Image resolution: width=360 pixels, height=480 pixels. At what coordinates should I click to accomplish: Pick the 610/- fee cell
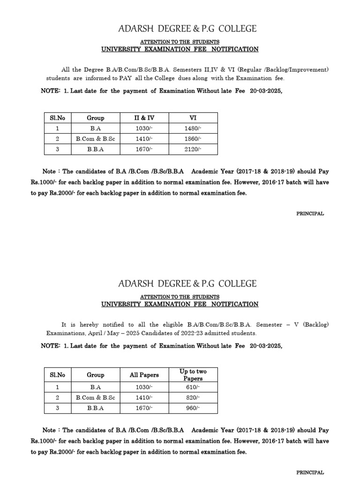pyautogui.click(x=193, y=387)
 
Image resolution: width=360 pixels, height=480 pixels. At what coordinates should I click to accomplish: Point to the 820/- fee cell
pyautogui.click(x=193, y=397)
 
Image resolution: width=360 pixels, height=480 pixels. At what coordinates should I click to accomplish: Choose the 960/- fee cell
pyautogui.click(x=193, y=408)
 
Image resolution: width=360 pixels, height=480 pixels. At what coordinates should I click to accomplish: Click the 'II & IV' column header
pyautogui.click(x=144, y=118)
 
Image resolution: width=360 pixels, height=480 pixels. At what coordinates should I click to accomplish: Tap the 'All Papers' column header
pyautogui.click(x=144, y=375)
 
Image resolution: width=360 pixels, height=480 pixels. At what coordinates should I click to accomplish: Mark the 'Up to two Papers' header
pyautogui.click(x=193, y=375)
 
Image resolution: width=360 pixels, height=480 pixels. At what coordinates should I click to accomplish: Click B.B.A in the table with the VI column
pyautogui.click(x=95, y=150)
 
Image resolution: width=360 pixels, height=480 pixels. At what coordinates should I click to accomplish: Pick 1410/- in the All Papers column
pyautogui.click(x=144, y=397)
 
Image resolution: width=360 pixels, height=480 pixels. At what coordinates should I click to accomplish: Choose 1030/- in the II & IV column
pyautogui.click(x=144, y=128)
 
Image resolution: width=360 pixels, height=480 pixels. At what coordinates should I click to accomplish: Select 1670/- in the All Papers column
pyautogui.click(x=144, y=408)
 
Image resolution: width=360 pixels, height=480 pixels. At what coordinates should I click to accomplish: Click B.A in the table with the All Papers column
pyautogui.click(x=95, y=387)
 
